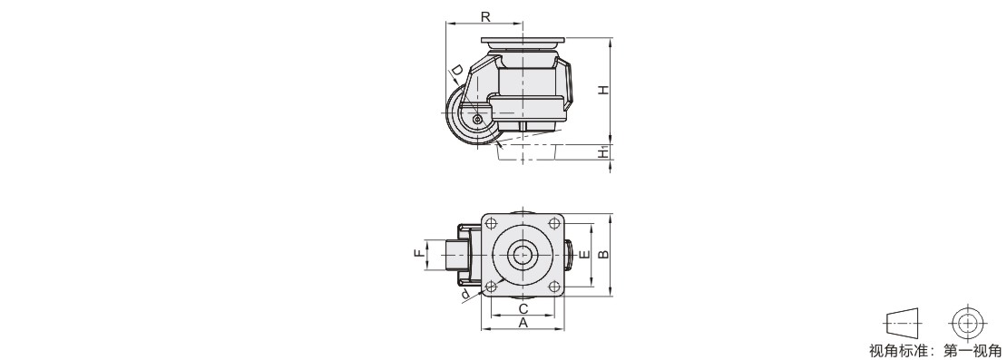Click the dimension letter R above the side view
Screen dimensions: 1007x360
coord(485,16)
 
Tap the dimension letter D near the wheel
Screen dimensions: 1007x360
coord(456,70)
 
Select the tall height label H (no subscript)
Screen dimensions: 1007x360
coord(603,91)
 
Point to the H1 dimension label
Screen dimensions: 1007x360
coord(603,152)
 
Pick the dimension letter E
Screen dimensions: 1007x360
coord(584,255)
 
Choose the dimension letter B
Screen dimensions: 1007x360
coord(603,255)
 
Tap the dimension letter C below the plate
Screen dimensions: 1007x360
coord(523,308)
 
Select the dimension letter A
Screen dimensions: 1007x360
coord(523,323)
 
